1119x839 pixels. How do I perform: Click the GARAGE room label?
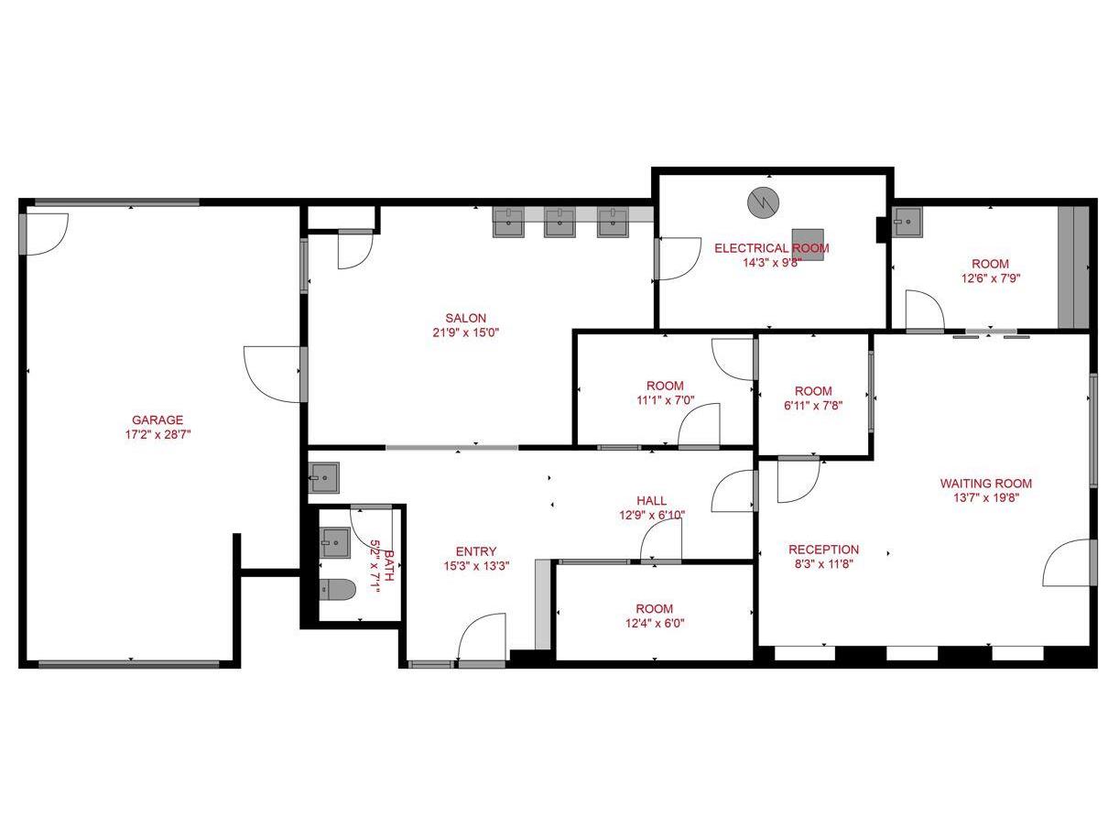pyautogui.click(x=157, y=420)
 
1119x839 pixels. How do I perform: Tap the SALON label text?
pyautogui.click(x=466, y=318)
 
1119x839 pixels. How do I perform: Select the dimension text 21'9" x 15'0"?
pyautogui.click(x=466, y=332)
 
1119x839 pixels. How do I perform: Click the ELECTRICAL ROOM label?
pyautogui.click(x=771, y=248)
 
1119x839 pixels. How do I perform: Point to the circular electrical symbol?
pyautogui.click(x=761, y=202)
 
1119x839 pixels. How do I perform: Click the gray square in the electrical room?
pyautogui.click(x=808, y=244)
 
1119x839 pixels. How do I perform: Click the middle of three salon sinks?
pyautogui.click(x=559, y=223)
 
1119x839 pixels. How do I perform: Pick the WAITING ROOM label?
pyautogui.click(x=985, y=484)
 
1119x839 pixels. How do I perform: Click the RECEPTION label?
pyautogui.click(x=823, y=550)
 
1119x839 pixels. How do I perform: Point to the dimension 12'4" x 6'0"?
pyautogui.click(x=654, y=624)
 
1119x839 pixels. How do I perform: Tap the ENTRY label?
pyautogui.click(x=475, y=551)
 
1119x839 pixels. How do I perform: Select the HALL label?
pyautogui.click(x=651, y=500)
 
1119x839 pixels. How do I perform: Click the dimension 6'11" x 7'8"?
pyautogui.click(x=813, y=406)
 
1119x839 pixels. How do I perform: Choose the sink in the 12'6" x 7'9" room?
pyautogui.click(x=907, y=223)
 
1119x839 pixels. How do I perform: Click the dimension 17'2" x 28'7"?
pyautogui.click(x=157, y=435)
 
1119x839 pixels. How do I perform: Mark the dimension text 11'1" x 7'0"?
pyautogui.click(x=664, y=400)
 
